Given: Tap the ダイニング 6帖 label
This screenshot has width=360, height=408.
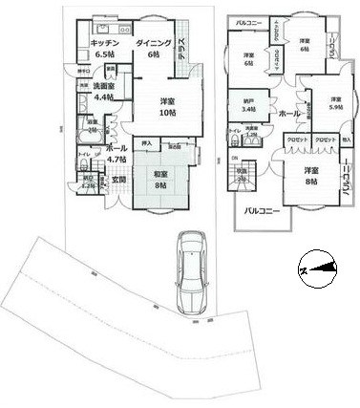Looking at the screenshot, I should tap(153, 50).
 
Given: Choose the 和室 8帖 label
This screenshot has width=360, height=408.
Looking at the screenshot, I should tap(160, 180).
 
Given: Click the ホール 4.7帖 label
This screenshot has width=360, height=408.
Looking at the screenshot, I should tap(116, 155).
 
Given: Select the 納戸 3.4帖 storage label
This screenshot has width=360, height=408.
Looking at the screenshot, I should tap(248, 105).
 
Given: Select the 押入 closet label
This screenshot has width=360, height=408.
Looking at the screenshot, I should tap(146, 143).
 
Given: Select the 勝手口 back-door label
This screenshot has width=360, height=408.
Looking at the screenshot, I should tap(84, 70).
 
